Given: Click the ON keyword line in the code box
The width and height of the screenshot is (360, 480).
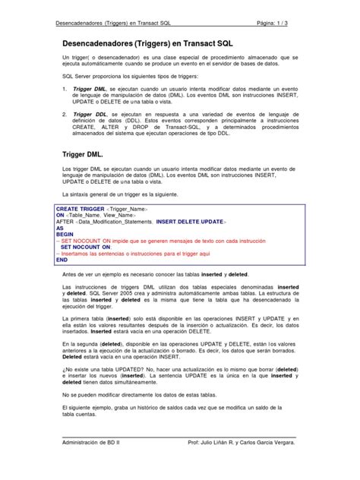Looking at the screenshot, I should click(61, 214).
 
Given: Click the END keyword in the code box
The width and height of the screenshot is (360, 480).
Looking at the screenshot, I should click(62, 260).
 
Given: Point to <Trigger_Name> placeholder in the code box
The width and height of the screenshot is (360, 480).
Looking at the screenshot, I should click(128, 207).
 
